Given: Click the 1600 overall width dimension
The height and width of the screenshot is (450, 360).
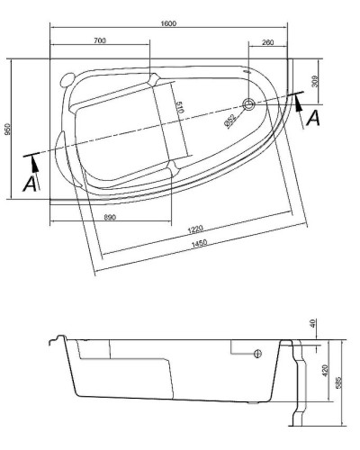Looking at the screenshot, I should click(x=169, y=22).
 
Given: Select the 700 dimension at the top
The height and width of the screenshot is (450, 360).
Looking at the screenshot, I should click(x=99, y=41).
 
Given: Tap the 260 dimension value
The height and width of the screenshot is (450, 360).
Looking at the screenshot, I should click(x=267, y=41).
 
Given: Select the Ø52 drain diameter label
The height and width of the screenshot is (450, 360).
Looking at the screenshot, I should click(x=230, y=120).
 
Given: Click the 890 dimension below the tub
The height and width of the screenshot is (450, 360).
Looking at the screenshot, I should click(x=109, y=217).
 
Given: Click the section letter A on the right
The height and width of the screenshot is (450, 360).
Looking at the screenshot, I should click(x=312, y=117).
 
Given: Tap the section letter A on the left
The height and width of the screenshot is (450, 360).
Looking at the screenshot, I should click(x=30, y=183).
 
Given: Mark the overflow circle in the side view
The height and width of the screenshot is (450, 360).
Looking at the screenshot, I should click(x=257, y=353).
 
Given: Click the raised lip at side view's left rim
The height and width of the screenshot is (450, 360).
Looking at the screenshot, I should click(x=58, y=339).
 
